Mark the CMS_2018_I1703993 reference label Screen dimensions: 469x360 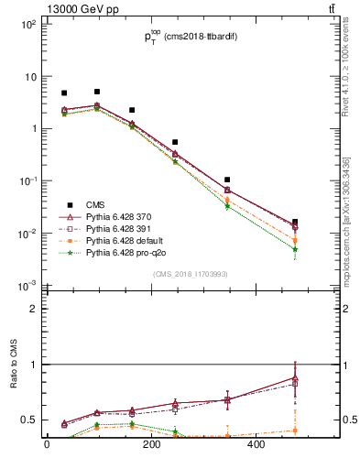pos(190,274)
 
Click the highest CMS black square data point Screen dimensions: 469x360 pos(97,92)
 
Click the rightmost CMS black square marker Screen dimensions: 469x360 pos(295,222)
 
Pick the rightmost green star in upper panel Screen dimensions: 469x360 pos(295,249)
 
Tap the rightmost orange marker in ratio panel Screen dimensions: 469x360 pos(295,430)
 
